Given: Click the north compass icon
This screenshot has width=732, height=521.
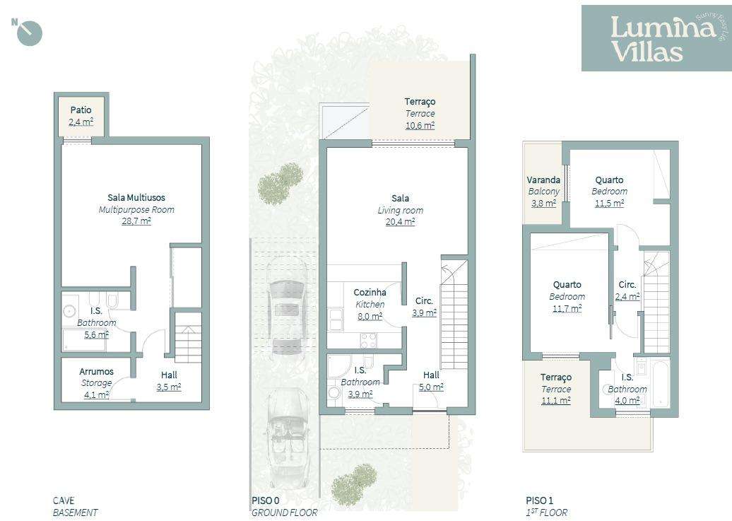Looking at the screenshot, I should [x=29, y=33].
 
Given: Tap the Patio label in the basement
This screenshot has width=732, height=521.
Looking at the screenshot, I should [x=81, y=110].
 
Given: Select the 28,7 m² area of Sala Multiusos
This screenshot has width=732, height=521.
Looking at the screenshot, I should [x=136, y=221].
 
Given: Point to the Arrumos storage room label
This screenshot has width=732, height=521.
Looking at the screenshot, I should [x=96, y=371].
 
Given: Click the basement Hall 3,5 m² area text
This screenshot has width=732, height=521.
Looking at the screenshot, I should [x=169, y=387].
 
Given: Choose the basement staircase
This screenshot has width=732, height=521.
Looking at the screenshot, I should [x=188, y=343].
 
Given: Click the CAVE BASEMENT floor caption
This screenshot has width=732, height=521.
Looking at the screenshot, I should [x=76, y=506].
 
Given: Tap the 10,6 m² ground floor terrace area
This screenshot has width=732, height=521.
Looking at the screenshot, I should [x=420, y=125].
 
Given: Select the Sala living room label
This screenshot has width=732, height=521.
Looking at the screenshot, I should [x=400, y=199].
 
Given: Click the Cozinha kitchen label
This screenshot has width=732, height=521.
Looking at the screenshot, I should [x=370, y=292].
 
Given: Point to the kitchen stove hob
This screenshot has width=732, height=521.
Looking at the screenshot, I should [x=369, y=340].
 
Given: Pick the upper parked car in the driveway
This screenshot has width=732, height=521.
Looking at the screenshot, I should [x=288, y=308].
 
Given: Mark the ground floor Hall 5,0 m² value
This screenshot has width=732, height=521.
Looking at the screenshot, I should [x=431, y=387].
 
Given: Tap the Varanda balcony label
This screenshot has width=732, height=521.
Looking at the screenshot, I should [x=543, y=180].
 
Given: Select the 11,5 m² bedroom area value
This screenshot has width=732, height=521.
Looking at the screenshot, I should [x=609, y=204].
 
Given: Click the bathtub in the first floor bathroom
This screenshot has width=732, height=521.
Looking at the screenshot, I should [x=658, y=385].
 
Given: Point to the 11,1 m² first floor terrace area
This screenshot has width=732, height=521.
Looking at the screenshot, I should [x=556, y=400].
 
